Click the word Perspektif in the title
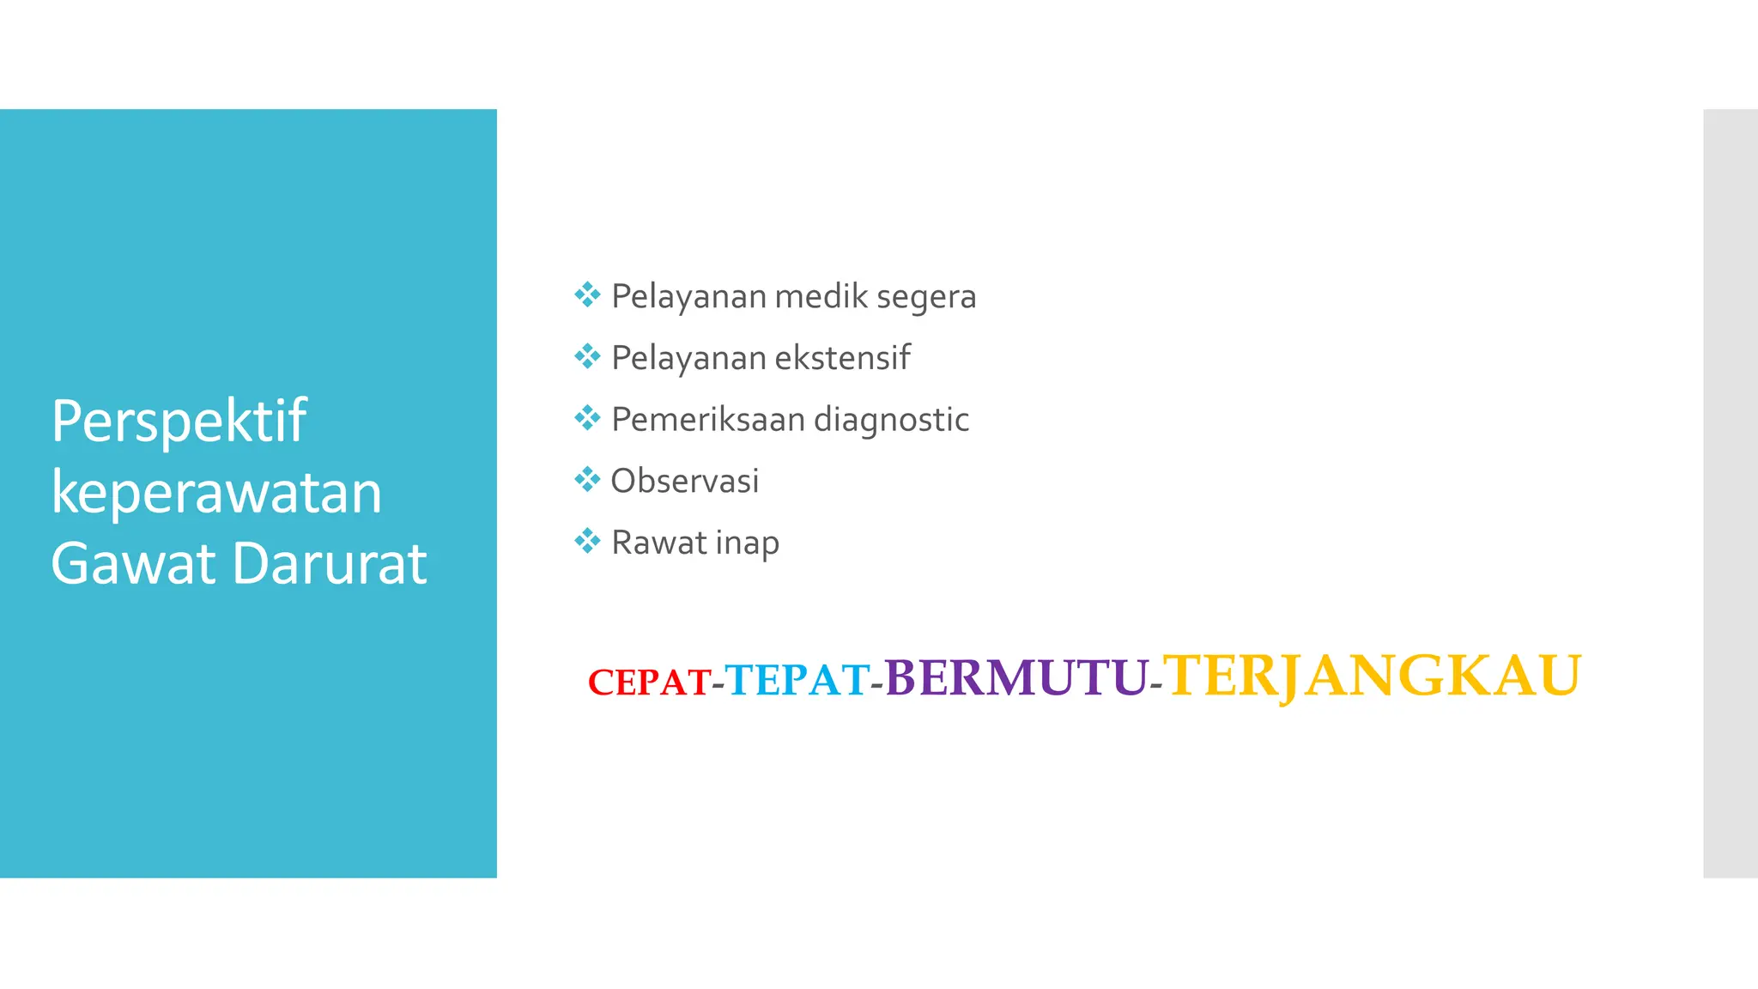point(179,422)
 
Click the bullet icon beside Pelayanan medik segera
point(587,295)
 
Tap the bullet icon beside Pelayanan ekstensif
point(587,356)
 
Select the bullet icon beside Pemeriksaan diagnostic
point(587,418)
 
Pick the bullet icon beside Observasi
point(587,479)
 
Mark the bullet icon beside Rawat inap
point(587,541)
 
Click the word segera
point(926,297)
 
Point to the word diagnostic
point(891,421)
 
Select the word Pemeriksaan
point(707,420)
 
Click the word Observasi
point(685,481)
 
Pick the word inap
point(747,543)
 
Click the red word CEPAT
point(649,683)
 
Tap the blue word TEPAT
point(797,680)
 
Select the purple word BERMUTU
point(1016,677)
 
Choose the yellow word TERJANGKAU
point(1372,676)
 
